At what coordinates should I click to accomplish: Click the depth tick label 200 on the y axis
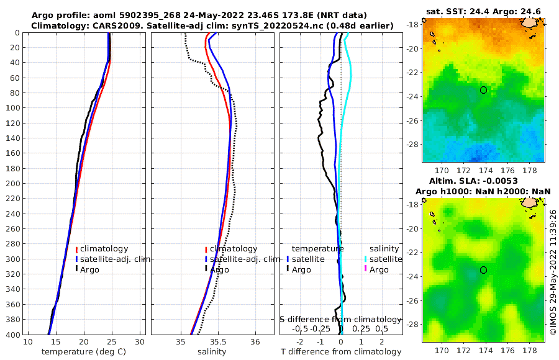(12, 183)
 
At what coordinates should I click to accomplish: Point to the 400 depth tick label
(12, 335)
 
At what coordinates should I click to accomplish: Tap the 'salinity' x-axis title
(212, 352)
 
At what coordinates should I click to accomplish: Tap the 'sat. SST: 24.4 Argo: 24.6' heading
(484, 11)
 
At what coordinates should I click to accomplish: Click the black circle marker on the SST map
(484, 90)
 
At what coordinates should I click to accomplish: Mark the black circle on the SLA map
(484, 270)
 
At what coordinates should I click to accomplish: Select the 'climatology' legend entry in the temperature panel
(104, 249)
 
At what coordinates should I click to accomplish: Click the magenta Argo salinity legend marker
(366, 269)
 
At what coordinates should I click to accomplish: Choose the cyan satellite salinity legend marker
(366, 259)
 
